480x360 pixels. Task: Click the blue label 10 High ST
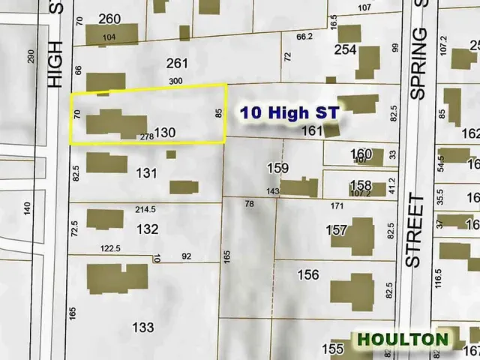[x=289, y=113]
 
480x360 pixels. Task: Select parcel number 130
[x=165, y=132]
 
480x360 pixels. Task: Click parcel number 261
[x=177, y=63]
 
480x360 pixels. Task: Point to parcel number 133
[x=142, y=327]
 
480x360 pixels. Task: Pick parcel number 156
[x=308, y=274]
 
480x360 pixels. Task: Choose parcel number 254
[x=344, y=49]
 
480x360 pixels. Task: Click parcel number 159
[x=278, y=166]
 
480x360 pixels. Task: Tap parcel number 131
[x=147, y=173]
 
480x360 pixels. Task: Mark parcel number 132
[x=148, y=229]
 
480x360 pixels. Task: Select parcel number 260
[x=109, y=19]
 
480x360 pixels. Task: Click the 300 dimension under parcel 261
[x=176, y=81]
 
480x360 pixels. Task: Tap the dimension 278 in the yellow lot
[x=147, y=136]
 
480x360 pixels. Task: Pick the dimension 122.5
[x=111, y=248]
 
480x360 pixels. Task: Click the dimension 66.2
[x=304, y=35]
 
